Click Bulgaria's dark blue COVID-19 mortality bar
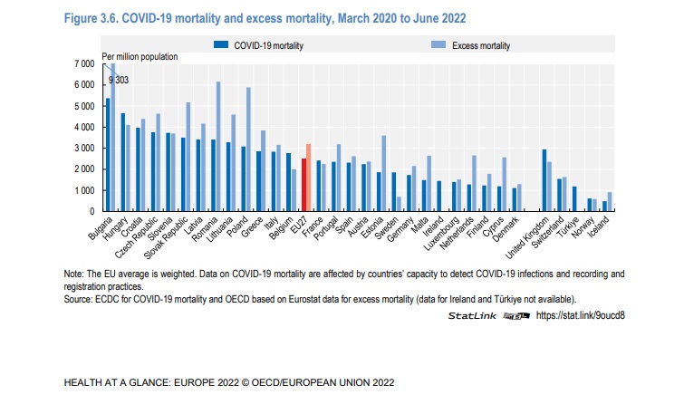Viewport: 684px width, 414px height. (x=108, y=154)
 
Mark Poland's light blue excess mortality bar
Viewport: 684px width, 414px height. (x=247, y=149)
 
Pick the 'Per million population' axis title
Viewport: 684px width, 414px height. (x=140, y=57)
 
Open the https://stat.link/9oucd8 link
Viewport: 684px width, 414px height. (x=581, y=315)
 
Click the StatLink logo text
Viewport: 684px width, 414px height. (x=477, y=315)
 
